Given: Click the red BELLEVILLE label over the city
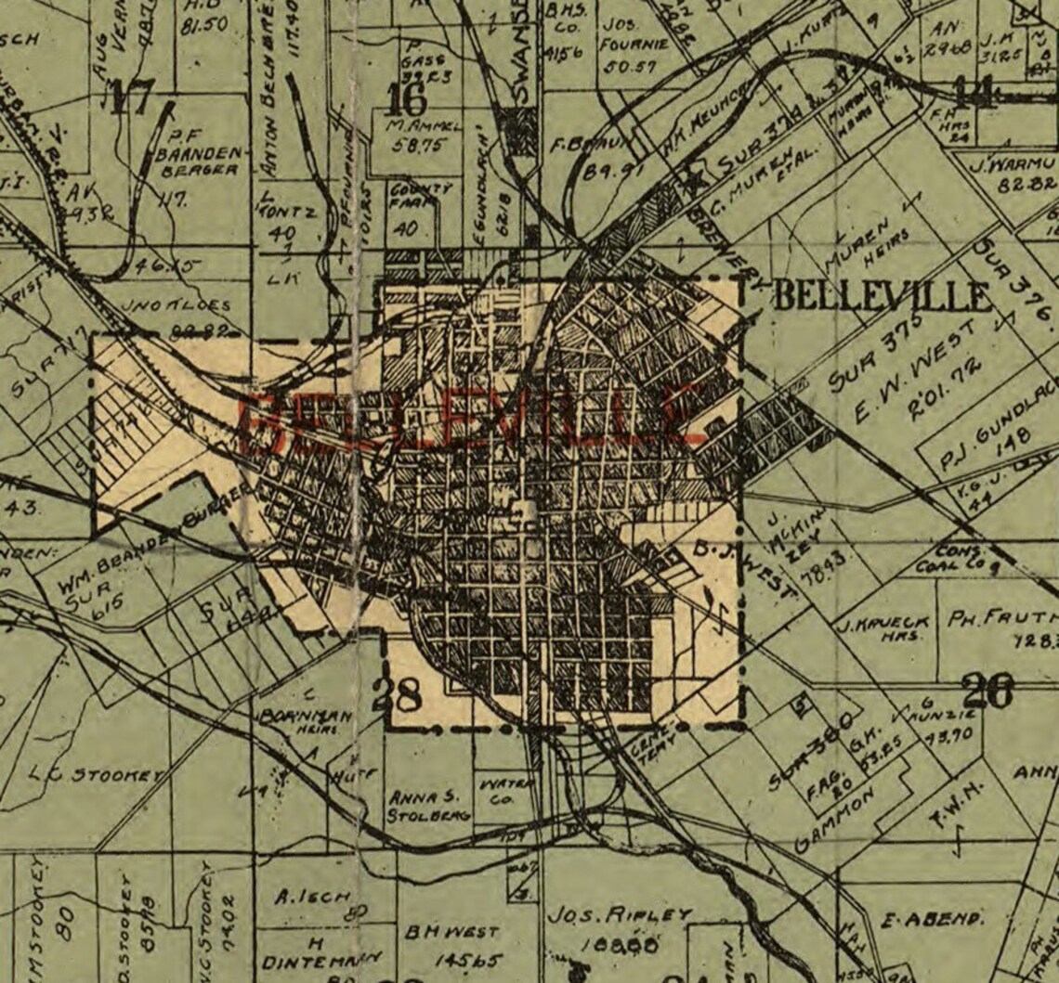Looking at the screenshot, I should coord(469,418).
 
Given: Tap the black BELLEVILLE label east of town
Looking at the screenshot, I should coord(881,297).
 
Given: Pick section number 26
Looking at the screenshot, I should coord(987,691).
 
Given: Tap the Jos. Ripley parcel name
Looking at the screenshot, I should coord(619,914).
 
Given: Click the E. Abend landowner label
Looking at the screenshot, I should coord(931,920).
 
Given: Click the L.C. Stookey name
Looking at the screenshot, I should coord(96,773).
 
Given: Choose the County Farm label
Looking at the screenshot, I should coord(420,196).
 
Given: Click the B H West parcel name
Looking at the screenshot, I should coord(452,931).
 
